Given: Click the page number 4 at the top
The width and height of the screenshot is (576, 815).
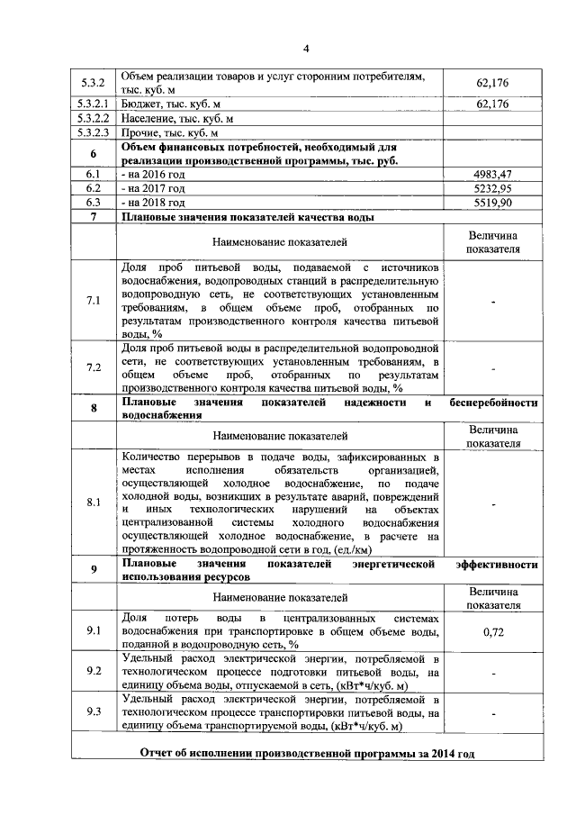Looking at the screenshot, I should (305, 48).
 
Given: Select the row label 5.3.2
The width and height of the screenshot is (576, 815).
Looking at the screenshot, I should (94, 84).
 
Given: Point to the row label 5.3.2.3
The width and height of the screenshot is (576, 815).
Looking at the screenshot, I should (94, 133).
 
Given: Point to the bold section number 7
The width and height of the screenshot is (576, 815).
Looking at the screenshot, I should (94, 218).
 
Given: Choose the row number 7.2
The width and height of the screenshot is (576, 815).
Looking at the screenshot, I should (94, 367).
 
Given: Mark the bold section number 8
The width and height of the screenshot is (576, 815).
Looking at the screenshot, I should (94, 408).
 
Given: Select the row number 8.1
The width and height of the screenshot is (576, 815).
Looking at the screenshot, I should (94, 503).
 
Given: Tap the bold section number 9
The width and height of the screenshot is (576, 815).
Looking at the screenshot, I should (94, 570).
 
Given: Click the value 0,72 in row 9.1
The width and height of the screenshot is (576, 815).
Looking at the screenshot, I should (492, 632).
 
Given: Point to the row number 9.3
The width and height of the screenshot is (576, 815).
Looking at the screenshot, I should (94, 711).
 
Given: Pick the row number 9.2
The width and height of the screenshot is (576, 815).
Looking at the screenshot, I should (94, 671).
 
